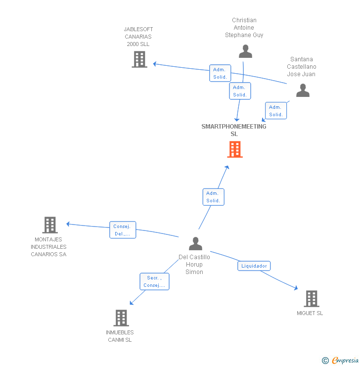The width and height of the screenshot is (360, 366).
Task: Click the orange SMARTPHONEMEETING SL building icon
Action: [x=235, y=149]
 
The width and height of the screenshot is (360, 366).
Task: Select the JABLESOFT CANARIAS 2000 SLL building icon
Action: [x=139, y=59]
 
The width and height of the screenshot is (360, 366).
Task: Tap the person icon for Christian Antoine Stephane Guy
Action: [x=245, y=51]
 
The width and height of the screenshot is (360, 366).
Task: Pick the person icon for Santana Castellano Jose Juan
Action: [x=303, y=91]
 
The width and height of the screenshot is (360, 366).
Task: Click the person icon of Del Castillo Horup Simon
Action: [x=196, y=244]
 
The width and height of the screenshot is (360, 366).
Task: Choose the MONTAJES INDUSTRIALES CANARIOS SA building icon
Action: [x=49, y=225]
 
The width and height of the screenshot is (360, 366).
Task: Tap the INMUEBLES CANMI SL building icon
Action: [x=121, y=318]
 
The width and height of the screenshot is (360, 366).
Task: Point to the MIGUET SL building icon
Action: [x=311, y=299]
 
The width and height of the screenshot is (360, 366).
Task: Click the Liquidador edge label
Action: [x=254, y=266]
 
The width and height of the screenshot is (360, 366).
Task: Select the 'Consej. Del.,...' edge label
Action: [x=122, y=230]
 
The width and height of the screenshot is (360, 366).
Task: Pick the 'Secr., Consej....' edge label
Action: [x=154, y=281]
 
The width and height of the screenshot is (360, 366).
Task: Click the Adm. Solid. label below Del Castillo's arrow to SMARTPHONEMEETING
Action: [x=213, y=197]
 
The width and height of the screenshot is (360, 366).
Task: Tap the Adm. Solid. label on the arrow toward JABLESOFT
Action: [x=220, y=73]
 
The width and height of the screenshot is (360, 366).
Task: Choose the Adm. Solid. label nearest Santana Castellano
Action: [x=276, y=110]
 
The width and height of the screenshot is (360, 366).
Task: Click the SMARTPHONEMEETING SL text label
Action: [x=233, y=130]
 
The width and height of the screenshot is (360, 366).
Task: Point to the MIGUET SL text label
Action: [x=310, y=313]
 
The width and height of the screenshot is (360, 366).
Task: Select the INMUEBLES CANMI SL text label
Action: [x=120, y=336]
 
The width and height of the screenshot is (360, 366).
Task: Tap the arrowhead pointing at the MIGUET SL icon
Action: [x=296, y=288]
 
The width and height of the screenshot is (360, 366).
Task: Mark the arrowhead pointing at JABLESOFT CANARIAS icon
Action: [x=155, y=64]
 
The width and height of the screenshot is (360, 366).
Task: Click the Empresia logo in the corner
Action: [x=341, y=361]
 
